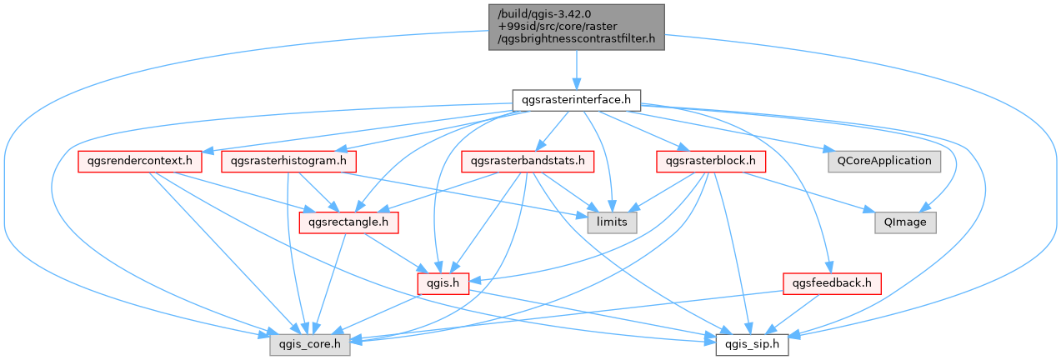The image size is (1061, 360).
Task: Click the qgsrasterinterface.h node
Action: coord(577,101)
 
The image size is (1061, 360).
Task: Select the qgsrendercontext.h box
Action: coord(140,162)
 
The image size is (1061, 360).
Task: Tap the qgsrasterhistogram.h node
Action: coord(288,162)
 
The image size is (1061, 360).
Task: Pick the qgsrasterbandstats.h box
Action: coord(528,162)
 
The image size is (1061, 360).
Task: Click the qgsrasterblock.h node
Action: coord(711,162)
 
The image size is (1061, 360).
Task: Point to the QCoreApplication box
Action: coord(884,162)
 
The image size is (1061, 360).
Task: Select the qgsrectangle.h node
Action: coord(348,222)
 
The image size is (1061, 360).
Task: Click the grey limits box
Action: coord(612,222)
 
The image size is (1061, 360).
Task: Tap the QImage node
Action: coord(905,222)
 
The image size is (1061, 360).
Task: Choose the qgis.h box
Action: coord(443,283)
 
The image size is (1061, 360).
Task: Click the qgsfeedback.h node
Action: coord(833,283)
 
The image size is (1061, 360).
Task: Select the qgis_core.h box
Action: coord(310,345)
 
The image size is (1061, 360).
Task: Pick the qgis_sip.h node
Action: coord(752,345)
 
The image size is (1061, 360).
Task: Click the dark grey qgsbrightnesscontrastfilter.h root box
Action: coord(577,27)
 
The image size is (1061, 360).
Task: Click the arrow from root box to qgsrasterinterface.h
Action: coord(577,70)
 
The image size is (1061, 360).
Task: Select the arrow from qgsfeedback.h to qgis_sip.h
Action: coord(793,314)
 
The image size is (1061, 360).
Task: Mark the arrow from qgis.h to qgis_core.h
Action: coord(376,313)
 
